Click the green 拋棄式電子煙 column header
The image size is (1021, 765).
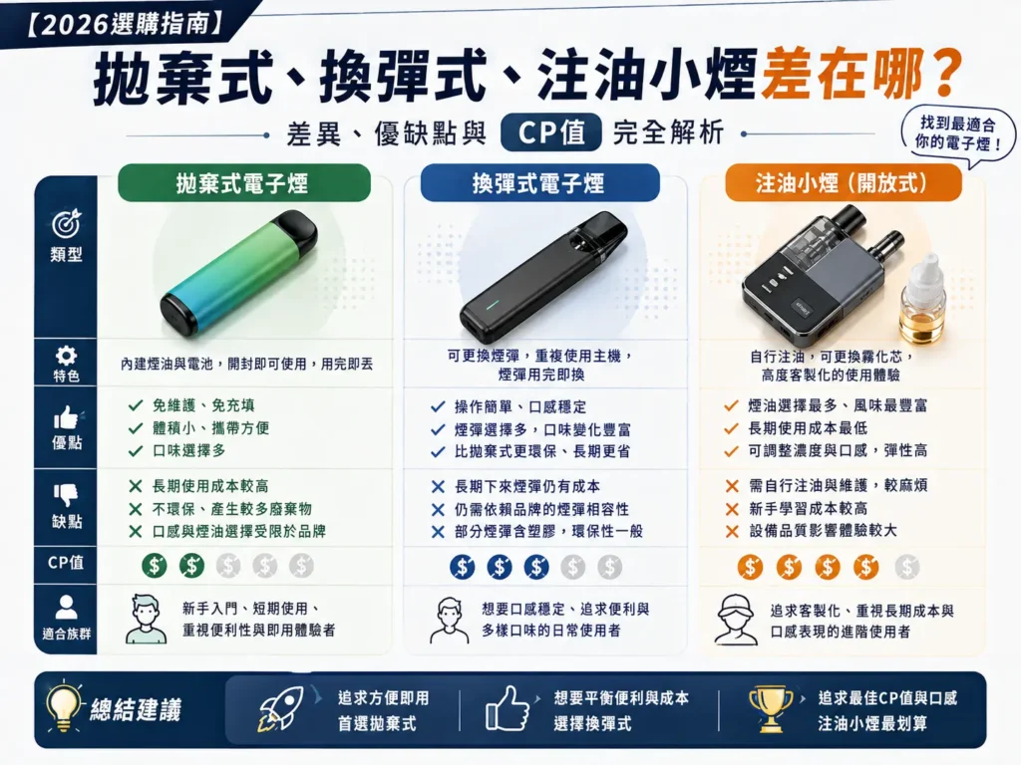coord(243,183)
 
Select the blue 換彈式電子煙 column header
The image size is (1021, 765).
coord(539,183)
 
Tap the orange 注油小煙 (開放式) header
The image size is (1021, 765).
coord(843,183)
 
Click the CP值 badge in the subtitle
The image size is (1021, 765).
coord(550,132)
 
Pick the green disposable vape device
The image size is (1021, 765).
coord(239,273)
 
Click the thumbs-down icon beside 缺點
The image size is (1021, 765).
coord(66,494)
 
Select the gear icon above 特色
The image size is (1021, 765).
coord(66,356)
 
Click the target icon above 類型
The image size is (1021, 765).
coord(66,224)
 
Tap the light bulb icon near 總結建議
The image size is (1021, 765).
coord(65,706)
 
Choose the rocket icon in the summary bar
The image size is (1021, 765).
coord(281,708)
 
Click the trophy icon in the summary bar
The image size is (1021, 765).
coord(771,708)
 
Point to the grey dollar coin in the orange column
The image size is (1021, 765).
coord(906,567)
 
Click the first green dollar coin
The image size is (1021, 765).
coord(154,566)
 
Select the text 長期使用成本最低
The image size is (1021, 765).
coord(808,428)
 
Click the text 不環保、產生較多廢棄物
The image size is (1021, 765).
coord(231,509)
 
